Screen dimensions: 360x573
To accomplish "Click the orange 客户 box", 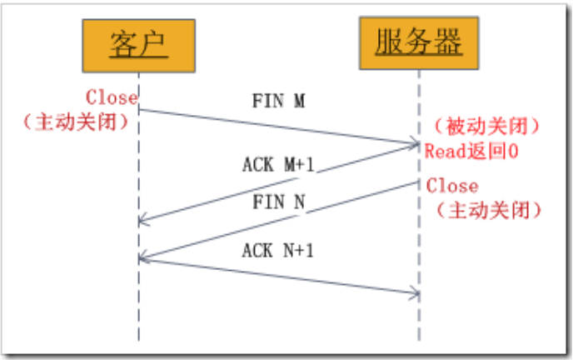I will point(138,46).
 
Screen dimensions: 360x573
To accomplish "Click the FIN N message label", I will point(278,202).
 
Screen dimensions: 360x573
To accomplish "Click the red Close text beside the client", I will point(111,97).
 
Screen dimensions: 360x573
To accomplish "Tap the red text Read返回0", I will point(471,151).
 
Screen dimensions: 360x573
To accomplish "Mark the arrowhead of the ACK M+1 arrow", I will point(142,222).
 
